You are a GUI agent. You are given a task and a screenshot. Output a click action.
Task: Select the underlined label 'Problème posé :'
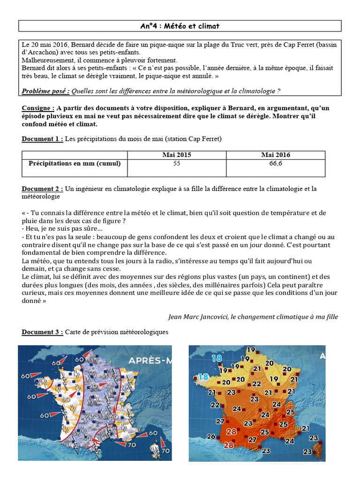[x=46, y=91]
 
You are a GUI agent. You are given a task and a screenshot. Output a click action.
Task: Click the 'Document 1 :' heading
[x=42, y=139]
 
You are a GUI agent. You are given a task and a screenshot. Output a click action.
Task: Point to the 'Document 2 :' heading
[x=42, y=189]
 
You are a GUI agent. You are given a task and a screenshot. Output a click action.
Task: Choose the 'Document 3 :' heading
[x=42, y=332]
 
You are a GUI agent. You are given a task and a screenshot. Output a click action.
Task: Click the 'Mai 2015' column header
[x=177, y=155]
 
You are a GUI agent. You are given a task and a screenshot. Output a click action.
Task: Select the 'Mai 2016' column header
[x=276, y=155]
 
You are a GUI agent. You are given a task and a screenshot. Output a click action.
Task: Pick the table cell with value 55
[x=177, y=164]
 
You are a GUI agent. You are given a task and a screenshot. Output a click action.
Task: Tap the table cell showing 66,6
[x=276, y=164]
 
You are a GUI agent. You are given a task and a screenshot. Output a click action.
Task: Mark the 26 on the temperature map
[x=211, y=437]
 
